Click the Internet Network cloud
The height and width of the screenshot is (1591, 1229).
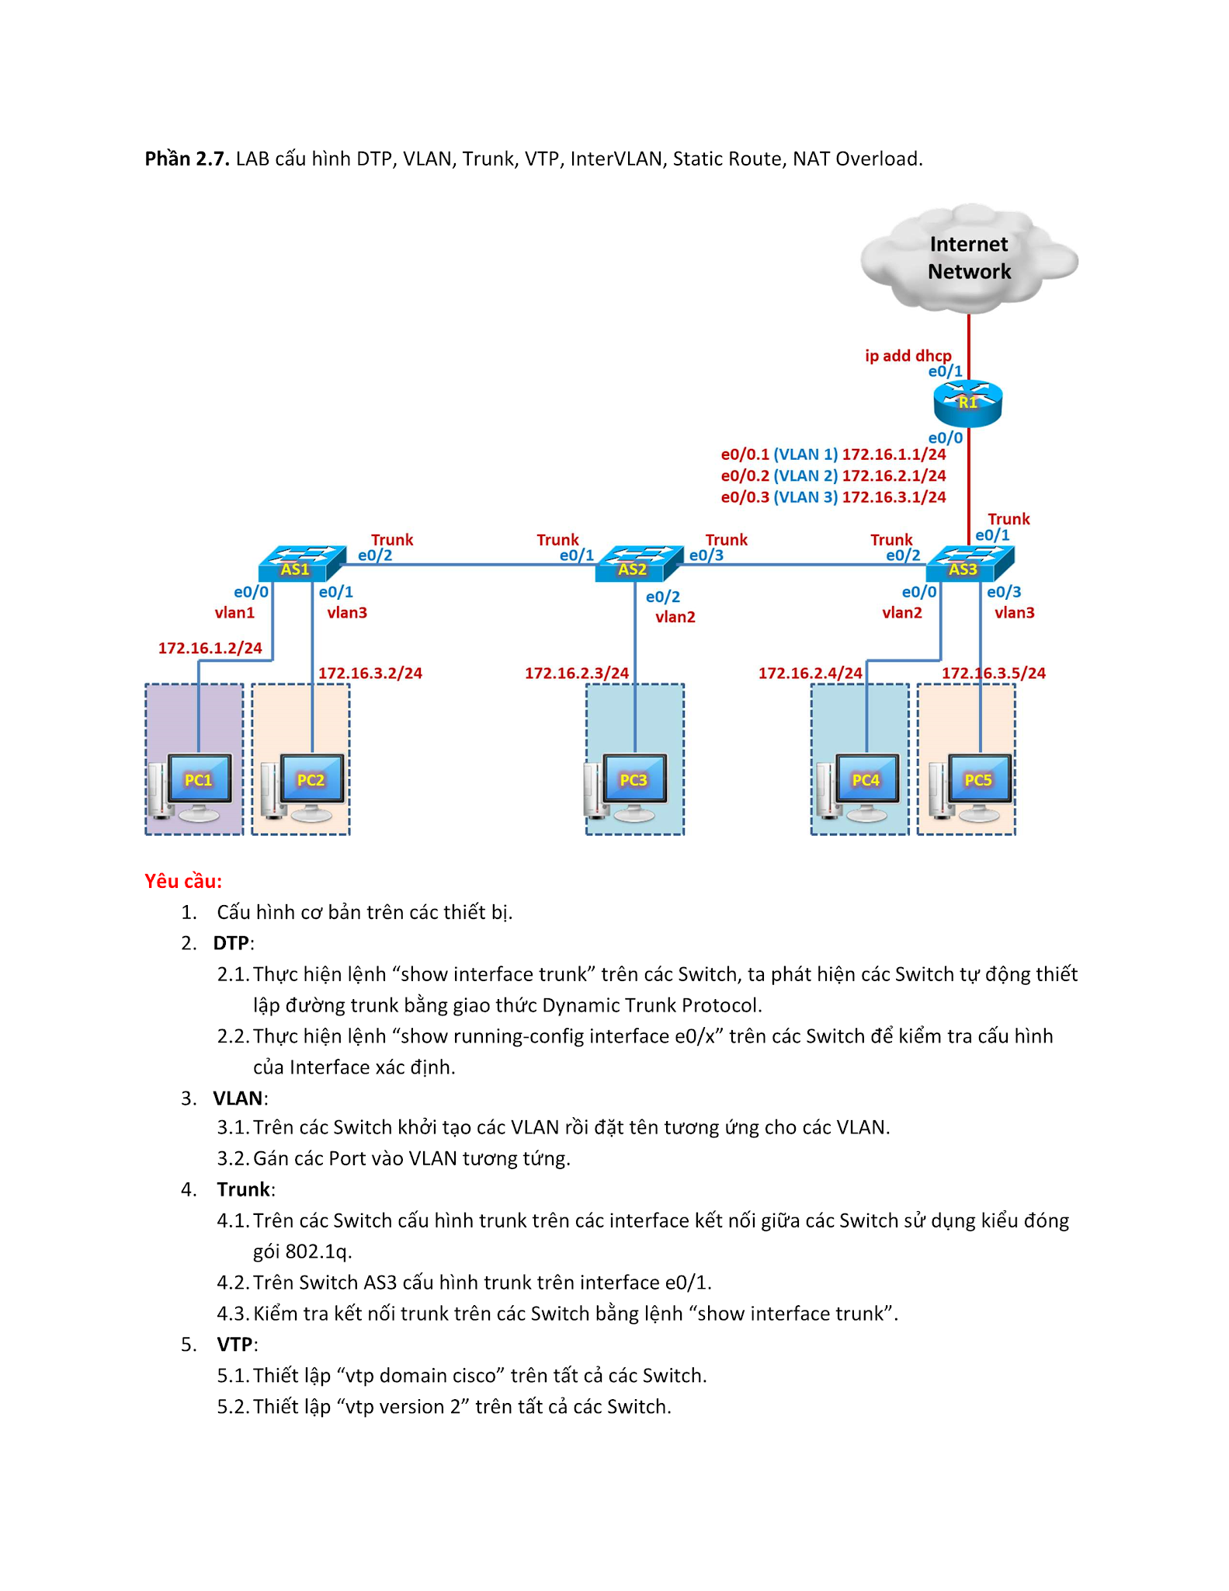(x=968, y=259)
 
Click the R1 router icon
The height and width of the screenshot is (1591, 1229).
(x=967, y=403)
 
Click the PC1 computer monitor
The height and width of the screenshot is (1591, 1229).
(x=199, y=779)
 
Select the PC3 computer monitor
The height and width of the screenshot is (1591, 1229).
(x=634, y=779)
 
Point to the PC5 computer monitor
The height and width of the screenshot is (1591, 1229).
(x=978, y=779)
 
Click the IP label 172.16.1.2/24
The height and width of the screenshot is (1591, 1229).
(x=210, y=648)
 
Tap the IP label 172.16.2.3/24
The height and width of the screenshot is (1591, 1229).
(x=576, y=673)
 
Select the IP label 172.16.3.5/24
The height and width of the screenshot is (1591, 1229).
(x=993, y=673)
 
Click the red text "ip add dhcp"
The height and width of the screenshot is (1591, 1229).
(x=908, y=356)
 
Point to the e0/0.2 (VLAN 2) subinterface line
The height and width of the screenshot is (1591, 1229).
(x=832, y=475)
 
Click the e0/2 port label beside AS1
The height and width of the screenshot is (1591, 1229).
(x=374, y=555)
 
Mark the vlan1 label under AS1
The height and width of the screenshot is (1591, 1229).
(x=234, y=613)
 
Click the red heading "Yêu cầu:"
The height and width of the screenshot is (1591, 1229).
(x=183, y=881)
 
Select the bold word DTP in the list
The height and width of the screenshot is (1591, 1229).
(x=231, y=943)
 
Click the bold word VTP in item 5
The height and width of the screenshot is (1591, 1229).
(x=234, y=1344)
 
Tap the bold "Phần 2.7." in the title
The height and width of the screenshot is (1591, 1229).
(x=186, y=159)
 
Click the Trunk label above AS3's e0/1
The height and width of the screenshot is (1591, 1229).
(x=1008, y=519)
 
